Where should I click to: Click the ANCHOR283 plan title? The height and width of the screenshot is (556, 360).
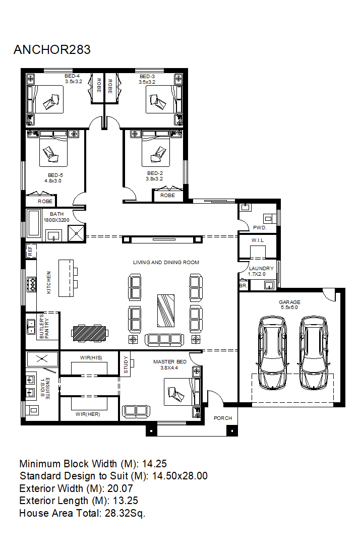click(x=52, y=49)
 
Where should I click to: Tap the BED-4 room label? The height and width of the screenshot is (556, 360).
click(x=72, y=76)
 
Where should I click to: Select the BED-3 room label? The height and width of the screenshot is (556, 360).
click(x=147, y=76)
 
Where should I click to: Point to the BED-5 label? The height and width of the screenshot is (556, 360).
click(x=55, y=175)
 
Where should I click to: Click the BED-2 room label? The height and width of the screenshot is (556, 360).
click(x=155, y=173)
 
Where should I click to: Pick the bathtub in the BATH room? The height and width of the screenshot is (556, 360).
click(x=34, y=223)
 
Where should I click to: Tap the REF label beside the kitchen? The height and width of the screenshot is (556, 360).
click(x=30, y=251)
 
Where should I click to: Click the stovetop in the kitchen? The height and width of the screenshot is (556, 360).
click(x=32, y=284)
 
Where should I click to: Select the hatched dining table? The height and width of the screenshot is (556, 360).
click(x=89, y=333)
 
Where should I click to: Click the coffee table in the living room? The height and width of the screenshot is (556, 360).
click(x=166, y=311)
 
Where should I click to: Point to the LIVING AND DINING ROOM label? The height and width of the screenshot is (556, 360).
click(x=166, y=263)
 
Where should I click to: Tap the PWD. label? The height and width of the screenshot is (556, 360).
click(x=260, y=228)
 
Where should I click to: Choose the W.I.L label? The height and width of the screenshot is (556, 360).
click(x=258, y=240)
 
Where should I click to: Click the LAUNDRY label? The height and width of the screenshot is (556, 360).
click(x=261, y=269)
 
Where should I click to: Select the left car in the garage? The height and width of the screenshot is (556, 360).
click(x=272, y=353)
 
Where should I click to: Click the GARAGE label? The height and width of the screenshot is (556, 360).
click(x=289, y=302)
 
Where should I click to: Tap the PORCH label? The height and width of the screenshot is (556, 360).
click(x=223, y=418)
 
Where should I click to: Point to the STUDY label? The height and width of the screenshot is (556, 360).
click(x=126, y=364)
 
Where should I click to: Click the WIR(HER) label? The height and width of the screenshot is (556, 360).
click(x=88, y=414)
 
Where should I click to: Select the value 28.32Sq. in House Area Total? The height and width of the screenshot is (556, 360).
click(x=125, y=514)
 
